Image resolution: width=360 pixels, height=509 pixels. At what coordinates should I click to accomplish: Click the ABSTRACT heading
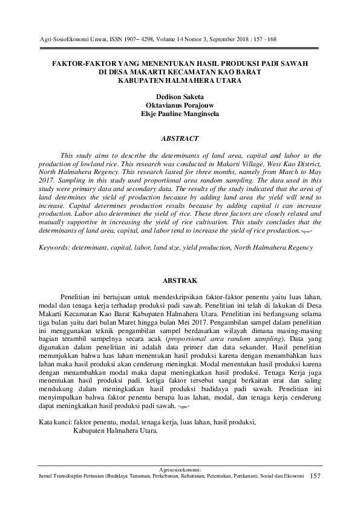(179, 138)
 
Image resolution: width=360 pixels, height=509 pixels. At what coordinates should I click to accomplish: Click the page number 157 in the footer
(314, 477)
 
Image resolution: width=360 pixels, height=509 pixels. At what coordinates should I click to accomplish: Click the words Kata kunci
(54, 421)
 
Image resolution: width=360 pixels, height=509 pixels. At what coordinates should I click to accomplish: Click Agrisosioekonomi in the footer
(179, 469)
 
